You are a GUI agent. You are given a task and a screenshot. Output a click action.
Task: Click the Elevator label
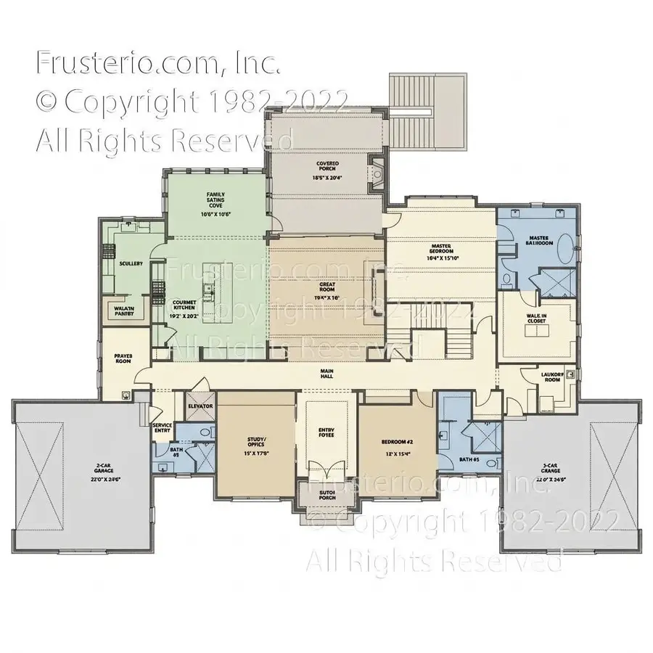[x=200, y=406]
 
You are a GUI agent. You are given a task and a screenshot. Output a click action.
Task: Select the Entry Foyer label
[x=326, y=433]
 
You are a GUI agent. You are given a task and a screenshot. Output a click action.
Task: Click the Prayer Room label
[x=123, y=358]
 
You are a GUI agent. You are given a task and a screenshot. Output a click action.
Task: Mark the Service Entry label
[x=161, y=428]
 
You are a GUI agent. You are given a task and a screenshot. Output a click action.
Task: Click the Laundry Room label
[x=552, y=377]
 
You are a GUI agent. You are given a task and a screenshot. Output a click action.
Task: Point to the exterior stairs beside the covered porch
[x=414, y=109]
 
